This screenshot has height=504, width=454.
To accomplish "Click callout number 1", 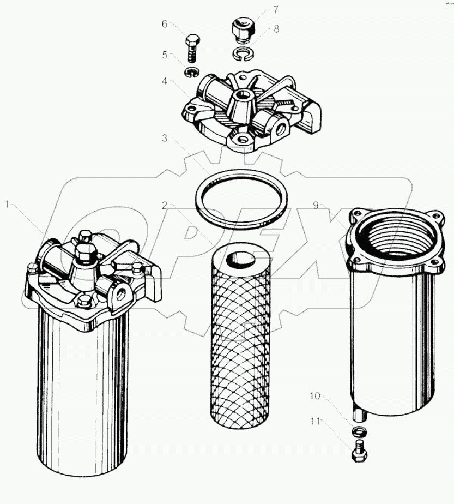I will [x=7, y=205].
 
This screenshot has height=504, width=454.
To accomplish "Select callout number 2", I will [x=164, y=206].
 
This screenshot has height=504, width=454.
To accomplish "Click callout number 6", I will [x=164, y=23].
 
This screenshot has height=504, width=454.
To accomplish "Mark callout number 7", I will [x=276, y=10].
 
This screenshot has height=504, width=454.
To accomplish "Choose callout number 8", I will [x=276, y=29].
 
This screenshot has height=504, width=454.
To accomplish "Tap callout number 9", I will [x=316, y=205].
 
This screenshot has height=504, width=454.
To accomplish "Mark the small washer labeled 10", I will [x=358, y=432].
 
